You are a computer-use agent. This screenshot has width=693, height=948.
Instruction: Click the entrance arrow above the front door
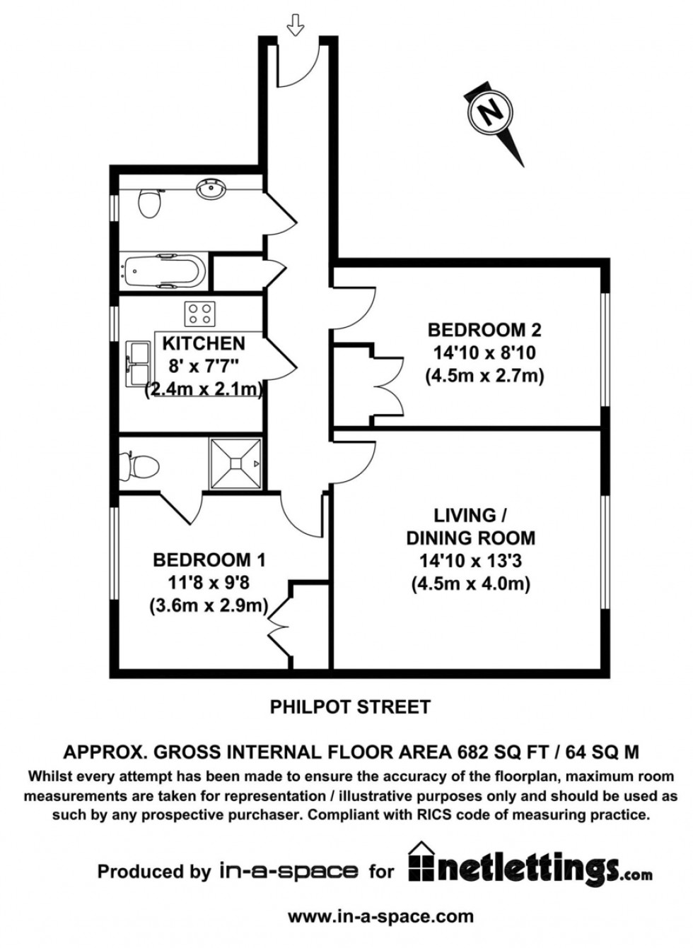pos(295,26)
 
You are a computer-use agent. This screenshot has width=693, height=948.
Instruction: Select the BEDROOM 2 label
pos(484,330)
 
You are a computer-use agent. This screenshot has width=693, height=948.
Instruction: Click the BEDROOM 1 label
pos(209,560)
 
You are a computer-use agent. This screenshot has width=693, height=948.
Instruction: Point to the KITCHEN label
pos(204,343)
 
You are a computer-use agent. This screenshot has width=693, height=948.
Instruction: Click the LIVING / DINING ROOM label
pos(470,526)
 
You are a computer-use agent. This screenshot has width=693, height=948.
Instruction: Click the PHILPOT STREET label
pos(350,706)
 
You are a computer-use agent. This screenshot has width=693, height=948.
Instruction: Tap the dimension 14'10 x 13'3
pos(470,561)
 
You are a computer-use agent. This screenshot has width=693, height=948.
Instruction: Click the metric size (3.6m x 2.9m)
pos(209,605)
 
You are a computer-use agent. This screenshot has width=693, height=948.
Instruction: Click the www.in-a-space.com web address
pos(380,917)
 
